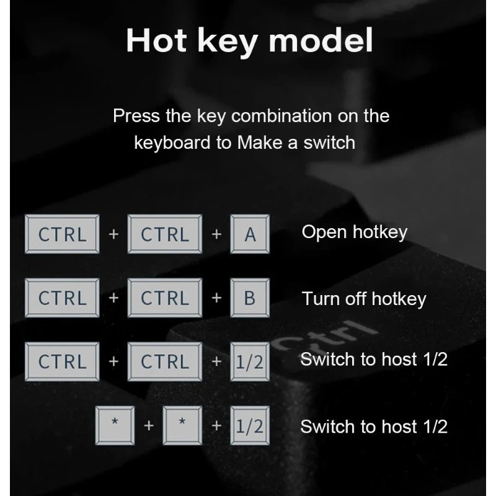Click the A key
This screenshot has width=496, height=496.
click(250, 234)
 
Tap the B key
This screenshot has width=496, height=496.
click(250, 298)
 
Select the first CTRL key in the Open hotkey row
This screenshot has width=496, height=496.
click(62, 234)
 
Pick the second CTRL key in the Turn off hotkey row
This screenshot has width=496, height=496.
click(164, 298)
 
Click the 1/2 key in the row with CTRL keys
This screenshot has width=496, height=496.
click(250, 361)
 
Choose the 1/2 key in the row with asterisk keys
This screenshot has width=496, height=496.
click(250, 425)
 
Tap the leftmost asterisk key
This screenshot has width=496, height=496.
click(115, 425)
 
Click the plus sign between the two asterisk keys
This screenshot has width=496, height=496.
click(149, 426)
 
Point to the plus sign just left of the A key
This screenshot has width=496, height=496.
click(216, 234)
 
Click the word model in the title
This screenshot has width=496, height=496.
click(321, 40)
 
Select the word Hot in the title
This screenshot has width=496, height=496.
click(156, 40)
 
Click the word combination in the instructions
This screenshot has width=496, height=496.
click(281, 116)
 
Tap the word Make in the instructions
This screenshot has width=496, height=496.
click(259, 143)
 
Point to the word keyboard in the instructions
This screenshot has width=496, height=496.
click(172, 143)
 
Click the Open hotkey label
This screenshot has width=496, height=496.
click(355, 232)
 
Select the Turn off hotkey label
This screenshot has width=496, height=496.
click(364, 299)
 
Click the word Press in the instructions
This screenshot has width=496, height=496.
click(136, 116)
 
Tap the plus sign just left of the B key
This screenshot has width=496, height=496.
click(216, 298)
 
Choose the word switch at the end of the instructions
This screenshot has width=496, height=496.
click(329, 143)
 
